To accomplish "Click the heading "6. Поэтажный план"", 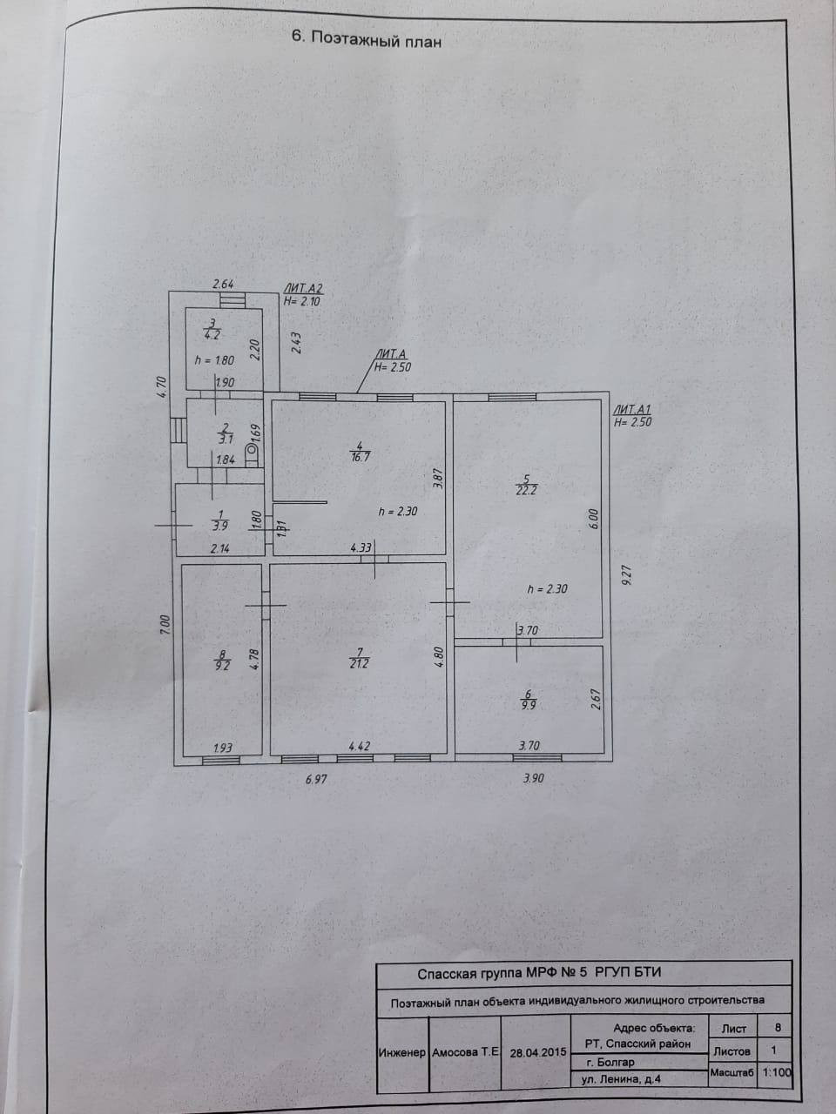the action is [365, 38].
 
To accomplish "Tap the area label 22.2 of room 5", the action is [523, 489].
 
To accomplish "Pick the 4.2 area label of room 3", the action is [212, 332].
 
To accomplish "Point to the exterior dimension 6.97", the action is [317, 780].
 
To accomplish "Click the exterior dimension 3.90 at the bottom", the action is [533, 778].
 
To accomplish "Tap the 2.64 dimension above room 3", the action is [224, 284].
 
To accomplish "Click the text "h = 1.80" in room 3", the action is [213, 359].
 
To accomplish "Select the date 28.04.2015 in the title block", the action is [538, 1051].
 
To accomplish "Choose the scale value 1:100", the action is [777, 1072].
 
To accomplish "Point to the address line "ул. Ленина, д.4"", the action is [621, 1079].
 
